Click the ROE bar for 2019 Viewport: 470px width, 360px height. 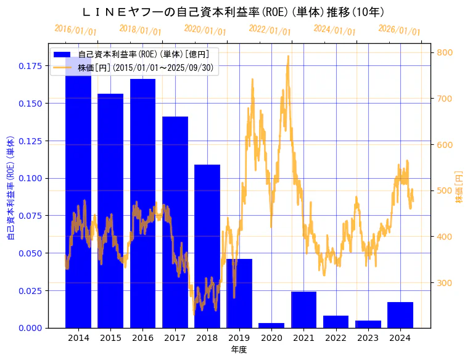pos(239,293)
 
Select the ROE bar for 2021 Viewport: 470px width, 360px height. pos(303,309)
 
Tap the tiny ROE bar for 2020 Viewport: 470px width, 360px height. pos(271,325)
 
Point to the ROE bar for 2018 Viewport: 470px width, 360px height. pos(207,246)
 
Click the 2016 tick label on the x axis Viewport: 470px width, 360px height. pos(143,338)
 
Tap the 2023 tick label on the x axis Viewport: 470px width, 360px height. pos(368,338)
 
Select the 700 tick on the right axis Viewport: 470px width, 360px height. pos(445,99)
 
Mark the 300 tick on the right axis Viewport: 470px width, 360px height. pos(445,283)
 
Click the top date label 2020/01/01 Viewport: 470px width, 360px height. pos(205,30)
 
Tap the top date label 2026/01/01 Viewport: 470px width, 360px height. pos(399,30)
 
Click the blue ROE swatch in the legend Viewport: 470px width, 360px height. pos(64,55)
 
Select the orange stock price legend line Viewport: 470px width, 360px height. pos(64,68)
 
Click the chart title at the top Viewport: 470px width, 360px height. pos(234,12)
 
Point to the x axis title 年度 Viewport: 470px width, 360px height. pos(239,350)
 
